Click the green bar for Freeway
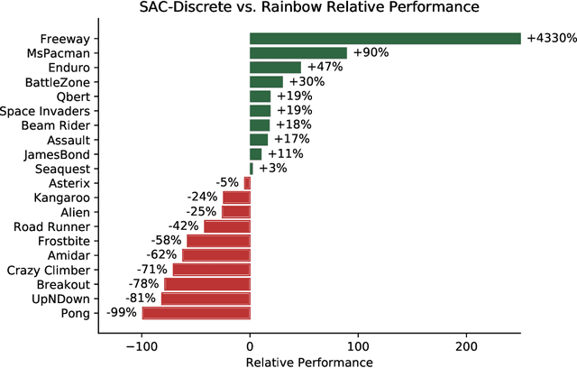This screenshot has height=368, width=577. tap(385, 39)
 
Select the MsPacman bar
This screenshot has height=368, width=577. tap(298, 53)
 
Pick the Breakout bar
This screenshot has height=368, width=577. tap(206, 284)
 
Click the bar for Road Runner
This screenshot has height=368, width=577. tap(226, 226)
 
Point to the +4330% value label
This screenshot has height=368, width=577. tap(551, 39)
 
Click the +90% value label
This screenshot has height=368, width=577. tap(371, 53)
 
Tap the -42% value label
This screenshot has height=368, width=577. tap(184, 226)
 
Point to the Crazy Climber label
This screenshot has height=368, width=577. tap(49, 270)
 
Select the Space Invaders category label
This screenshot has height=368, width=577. tap(45, 111)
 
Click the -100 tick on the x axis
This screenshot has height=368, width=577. tap(142, 345)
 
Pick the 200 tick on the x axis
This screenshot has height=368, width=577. tap(466, 345)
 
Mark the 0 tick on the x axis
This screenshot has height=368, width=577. tap(250, 345)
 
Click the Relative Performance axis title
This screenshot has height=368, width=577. tap(308, 361)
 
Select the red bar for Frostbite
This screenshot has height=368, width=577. tap(218, 241)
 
